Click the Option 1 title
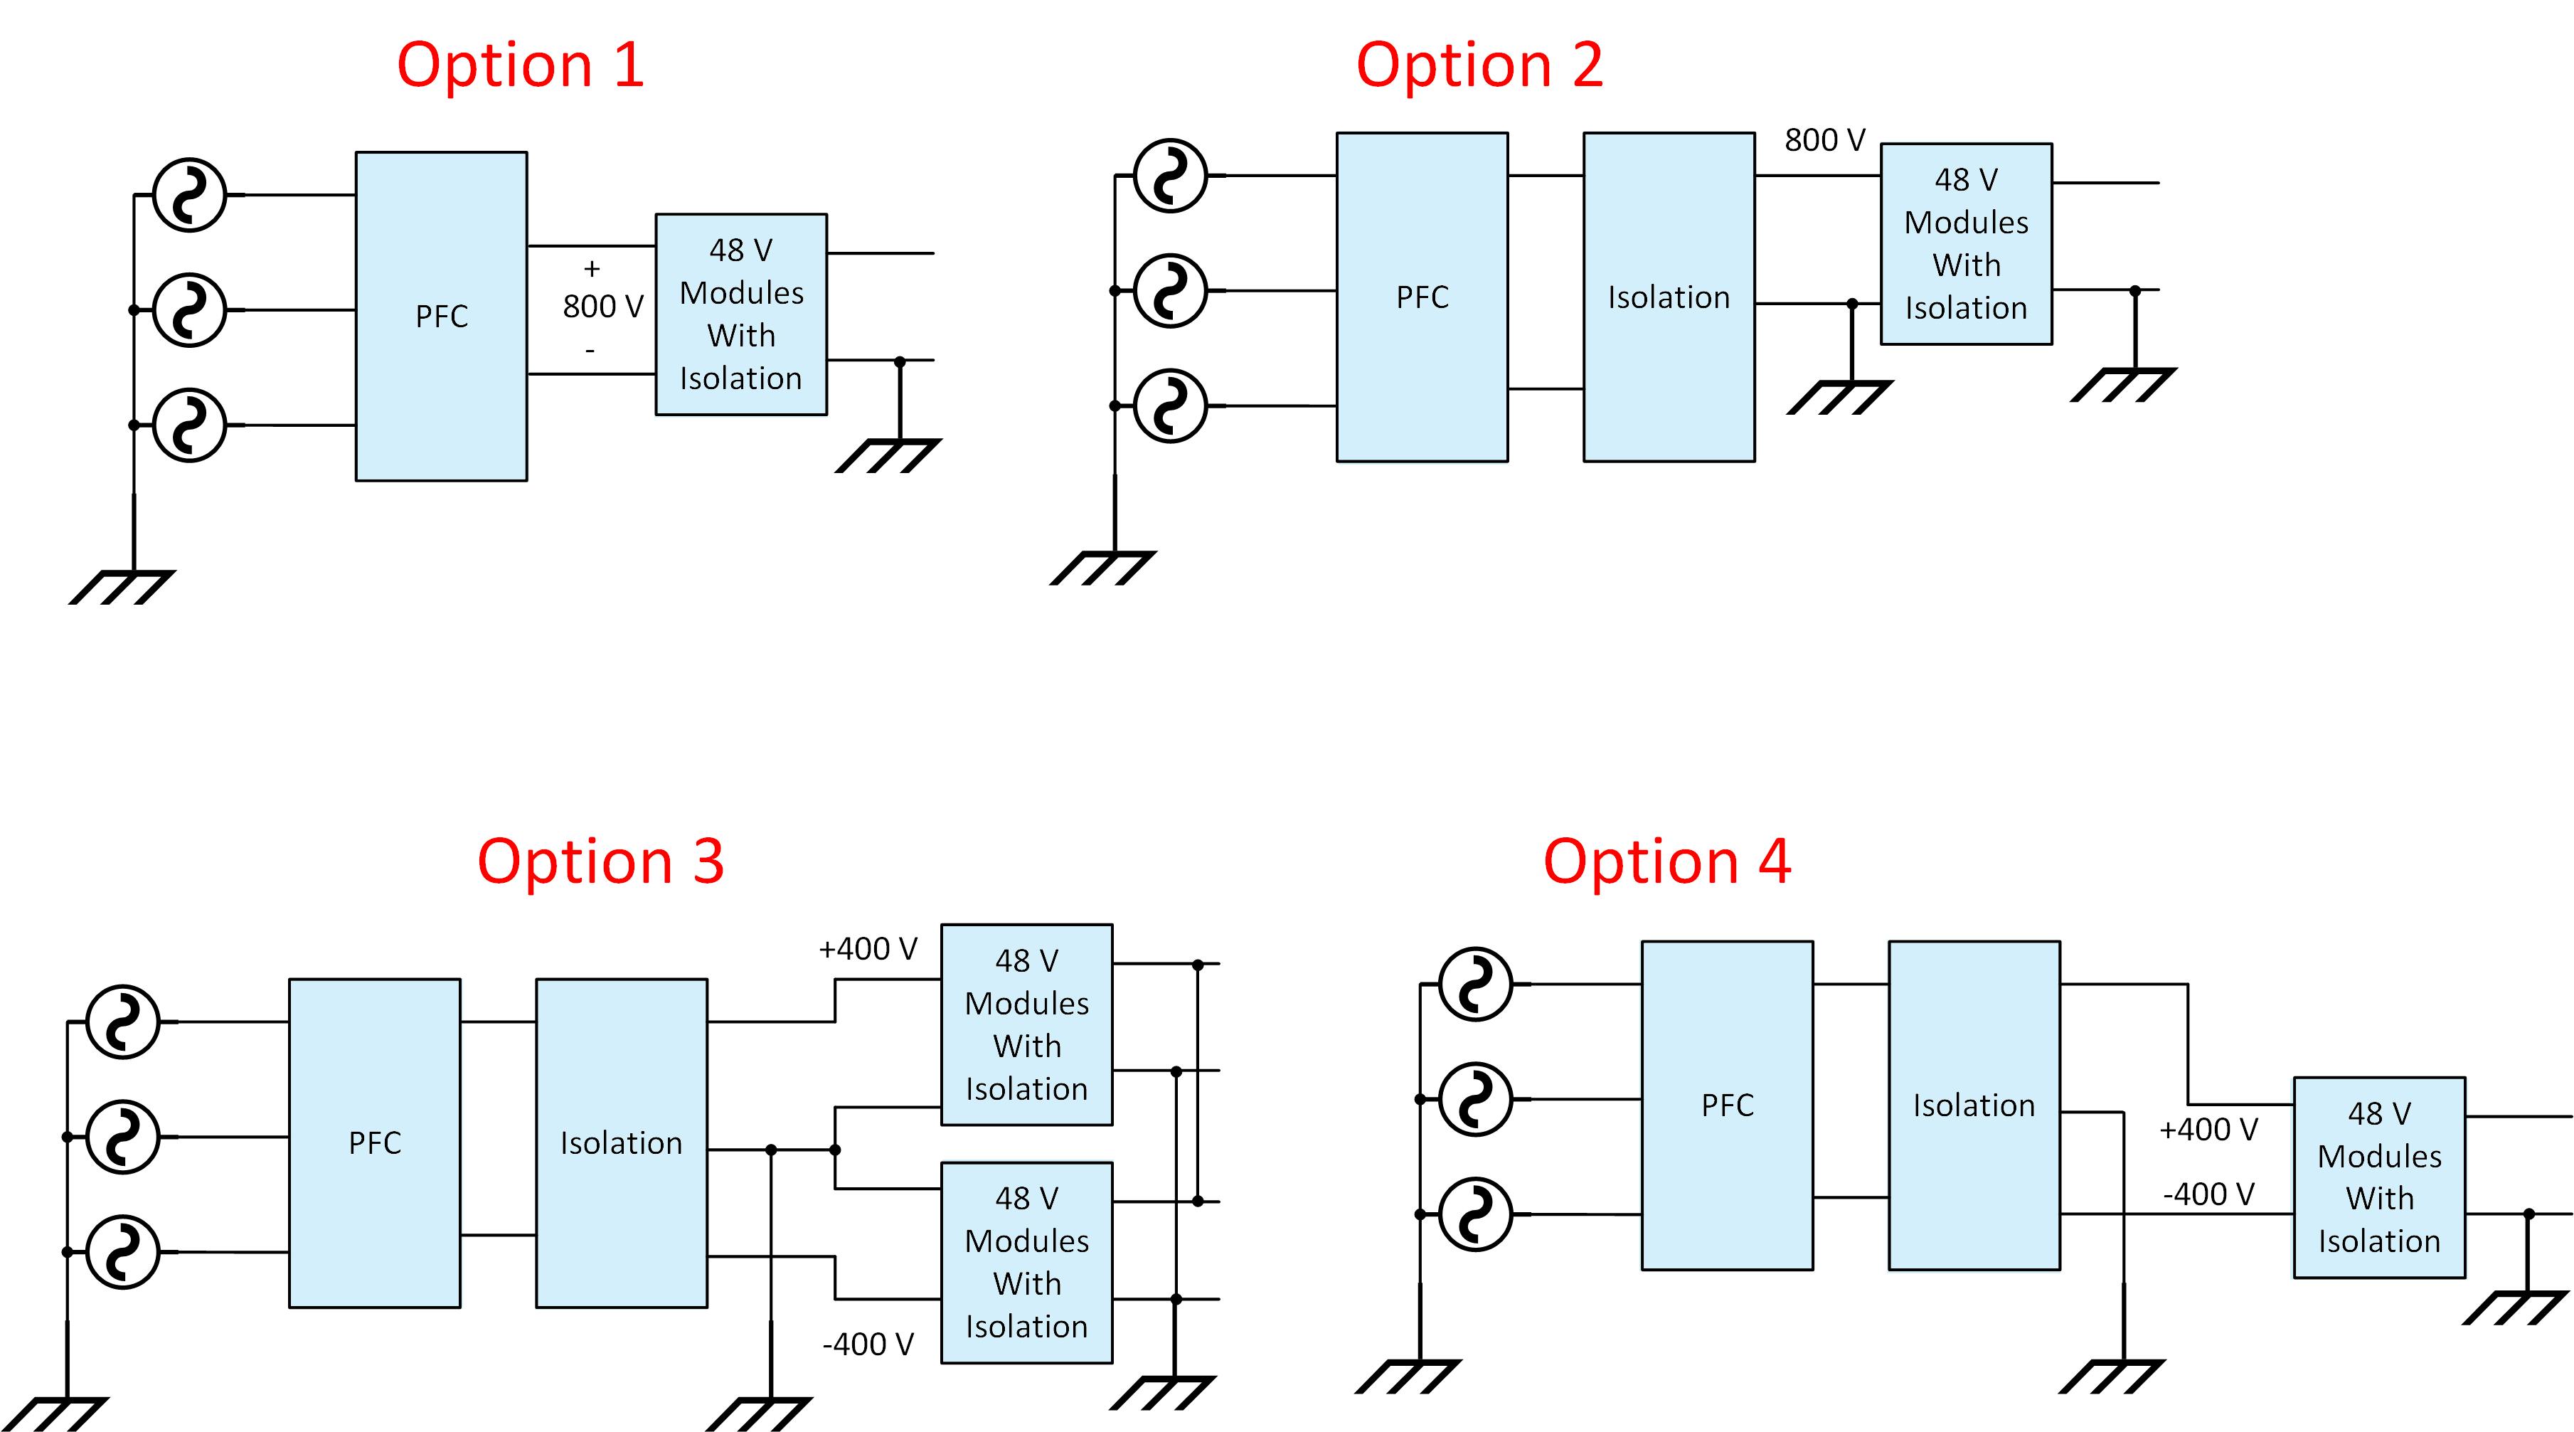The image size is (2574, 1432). pos(520,66)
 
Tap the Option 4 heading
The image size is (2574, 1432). pos(1666,861)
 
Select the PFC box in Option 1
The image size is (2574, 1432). pos(441,316)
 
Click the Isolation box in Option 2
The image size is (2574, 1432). pos(1669,297)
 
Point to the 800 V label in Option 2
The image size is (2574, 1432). pos(1824,140)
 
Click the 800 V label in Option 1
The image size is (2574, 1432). pos(602,306)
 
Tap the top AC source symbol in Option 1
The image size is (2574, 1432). pos(189,195)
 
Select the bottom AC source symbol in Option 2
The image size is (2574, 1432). pos(1170,405)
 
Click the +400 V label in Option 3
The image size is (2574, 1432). pos(867,948)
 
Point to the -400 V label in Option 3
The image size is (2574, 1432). pos(867,1344)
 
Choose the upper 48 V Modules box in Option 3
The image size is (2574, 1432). pos(1026,1024)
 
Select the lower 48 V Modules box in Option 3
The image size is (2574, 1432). pos(1026,1262)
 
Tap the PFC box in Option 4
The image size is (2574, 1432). pos(1727,1105)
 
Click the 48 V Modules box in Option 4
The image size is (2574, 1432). pos(2378,1177)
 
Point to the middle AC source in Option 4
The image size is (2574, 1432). pos(1475,1099)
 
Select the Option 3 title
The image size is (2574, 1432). pos(600,861)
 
